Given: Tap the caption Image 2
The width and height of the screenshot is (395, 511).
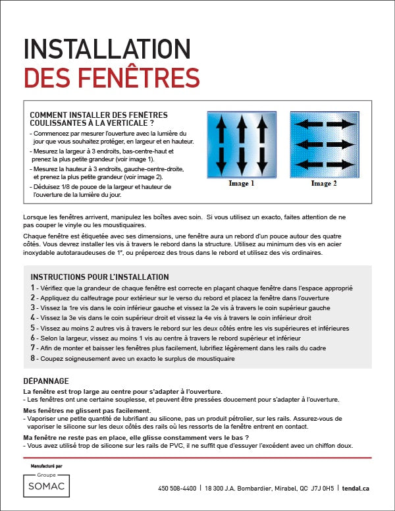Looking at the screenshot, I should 324,184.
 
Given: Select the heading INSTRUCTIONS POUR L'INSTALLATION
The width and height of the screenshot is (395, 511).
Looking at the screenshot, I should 99,277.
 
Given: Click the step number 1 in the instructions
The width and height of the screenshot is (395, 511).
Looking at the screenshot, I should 33,288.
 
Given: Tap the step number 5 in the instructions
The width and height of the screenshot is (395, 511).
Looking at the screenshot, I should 33,327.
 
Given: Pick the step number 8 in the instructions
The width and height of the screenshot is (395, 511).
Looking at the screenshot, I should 33,358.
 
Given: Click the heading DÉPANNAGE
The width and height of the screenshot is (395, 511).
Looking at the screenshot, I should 45,381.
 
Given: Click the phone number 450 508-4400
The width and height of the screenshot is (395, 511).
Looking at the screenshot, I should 177,489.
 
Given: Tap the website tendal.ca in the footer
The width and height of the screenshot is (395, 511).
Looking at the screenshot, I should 357,489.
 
